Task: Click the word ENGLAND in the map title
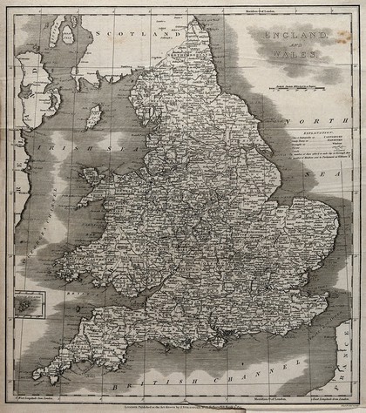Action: [x=291, y=36]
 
